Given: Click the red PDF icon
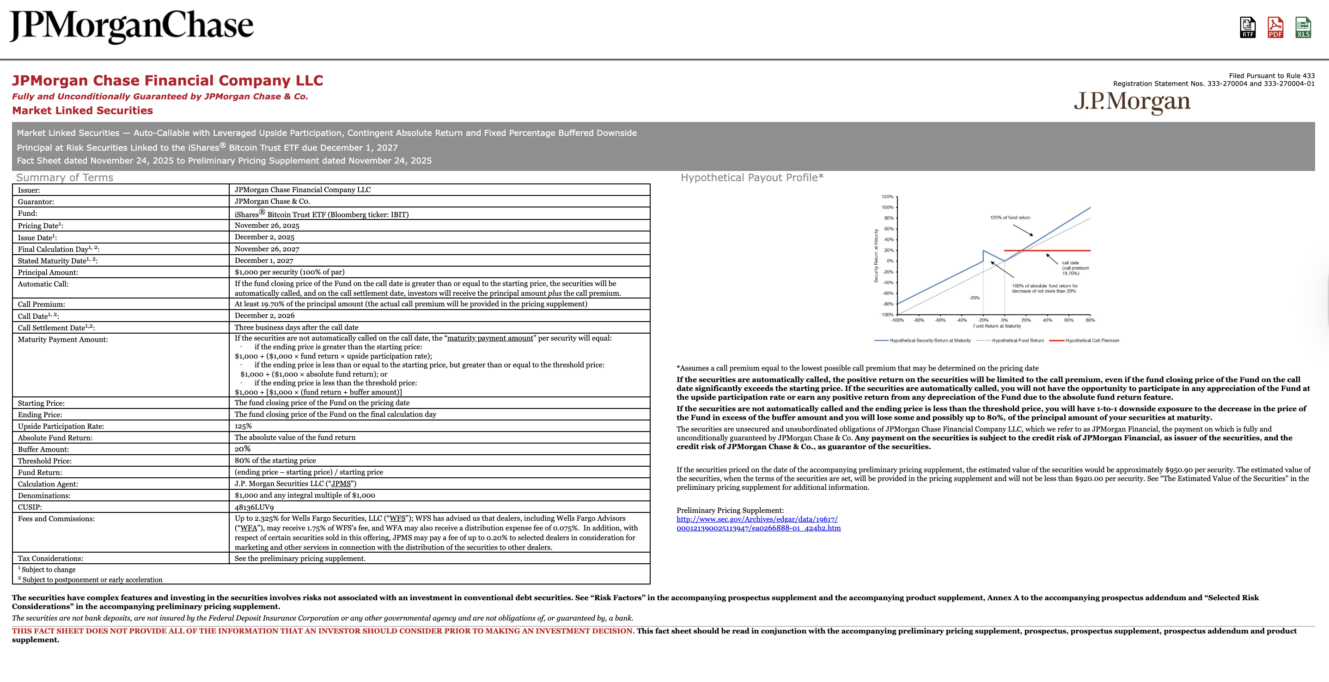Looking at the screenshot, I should (1275, 27).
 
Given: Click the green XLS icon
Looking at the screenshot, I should (1303, 27).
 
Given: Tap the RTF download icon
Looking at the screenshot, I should (1248, 27).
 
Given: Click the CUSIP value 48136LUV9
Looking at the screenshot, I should (254, 507).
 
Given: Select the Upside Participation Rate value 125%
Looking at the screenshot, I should (243, 426).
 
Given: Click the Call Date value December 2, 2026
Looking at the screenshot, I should (264, 315).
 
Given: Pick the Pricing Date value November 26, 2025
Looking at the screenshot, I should (267, 225).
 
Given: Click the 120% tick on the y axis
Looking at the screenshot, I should (887, 196).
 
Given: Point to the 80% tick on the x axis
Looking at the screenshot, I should (1090, 320).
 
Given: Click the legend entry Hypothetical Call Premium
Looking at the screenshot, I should (1091, 341).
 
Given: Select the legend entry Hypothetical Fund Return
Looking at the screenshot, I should (1018, 341).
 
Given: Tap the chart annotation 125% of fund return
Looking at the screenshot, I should (1010, 218).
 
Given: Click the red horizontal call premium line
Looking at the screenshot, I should (1063, 250).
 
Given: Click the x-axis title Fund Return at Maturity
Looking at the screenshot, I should (997, 326).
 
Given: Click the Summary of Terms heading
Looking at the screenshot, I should (65, 177).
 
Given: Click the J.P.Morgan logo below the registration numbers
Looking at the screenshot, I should (1132, 102).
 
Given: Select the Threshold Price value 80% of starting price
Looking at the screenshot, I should (275, 461).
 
